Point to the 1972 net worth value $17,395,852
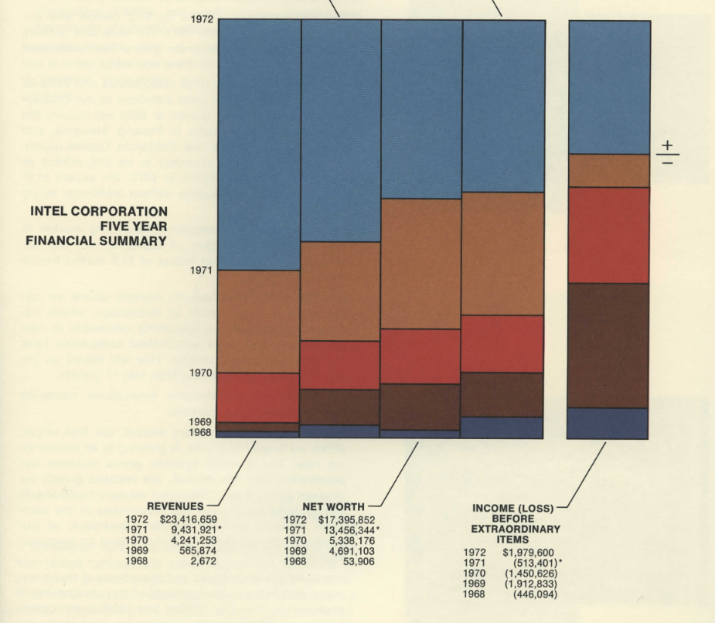(347, 520)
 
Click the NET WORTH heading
(334, 507)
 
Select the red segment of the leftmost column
(258, 397)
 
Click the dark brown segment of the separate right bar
(608, 345)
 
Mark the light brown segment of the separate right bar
(608, 171)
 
